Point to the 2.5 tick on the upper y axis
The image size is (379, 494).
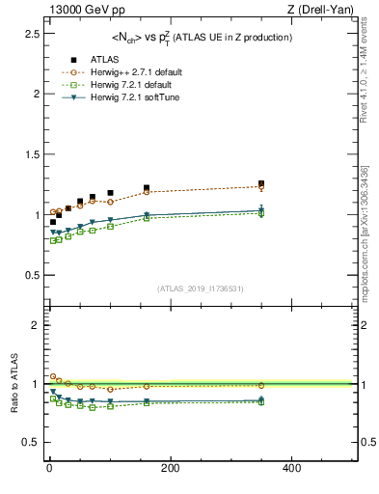tap(33, 34)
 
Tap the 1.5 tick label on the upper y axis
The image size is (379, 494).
tap(33, 154)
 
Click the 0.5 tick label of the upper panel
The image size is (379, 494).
tap(33, 275)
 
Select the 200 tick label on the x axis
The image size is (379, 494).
tap(170, 469)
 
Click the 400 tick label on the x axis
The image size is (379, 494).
tap(290, 469)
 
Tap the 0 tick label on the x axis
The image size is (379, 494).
tap(48, 469)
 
